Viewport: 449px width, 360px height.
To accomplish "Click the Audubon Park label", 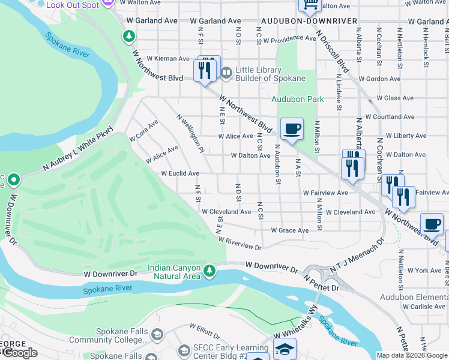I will (x=297, y=99).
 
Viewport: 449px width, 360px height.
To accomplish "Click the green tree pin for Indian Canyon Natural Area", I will (x=209, y=271).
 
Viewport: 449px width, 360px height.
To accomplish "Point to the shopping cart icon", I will (x=310, y=5).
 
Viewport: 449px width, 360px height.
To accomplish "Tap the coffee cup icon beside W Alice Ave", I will (x=292, y=128).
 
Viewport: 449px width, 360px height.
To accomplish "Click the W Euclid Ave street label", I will (x=179, y=173).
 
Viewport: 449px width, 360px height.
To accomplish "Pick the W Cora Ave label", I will (x=143, y=130).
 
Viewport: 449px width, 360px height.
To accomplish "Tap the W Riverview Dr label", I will (x=240, y=243).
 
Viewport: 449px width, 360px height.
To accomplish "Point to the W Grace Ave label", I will (x=289, y=230).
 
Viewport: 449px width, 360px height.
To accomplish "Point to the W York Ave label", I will (x=427, y=271).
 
